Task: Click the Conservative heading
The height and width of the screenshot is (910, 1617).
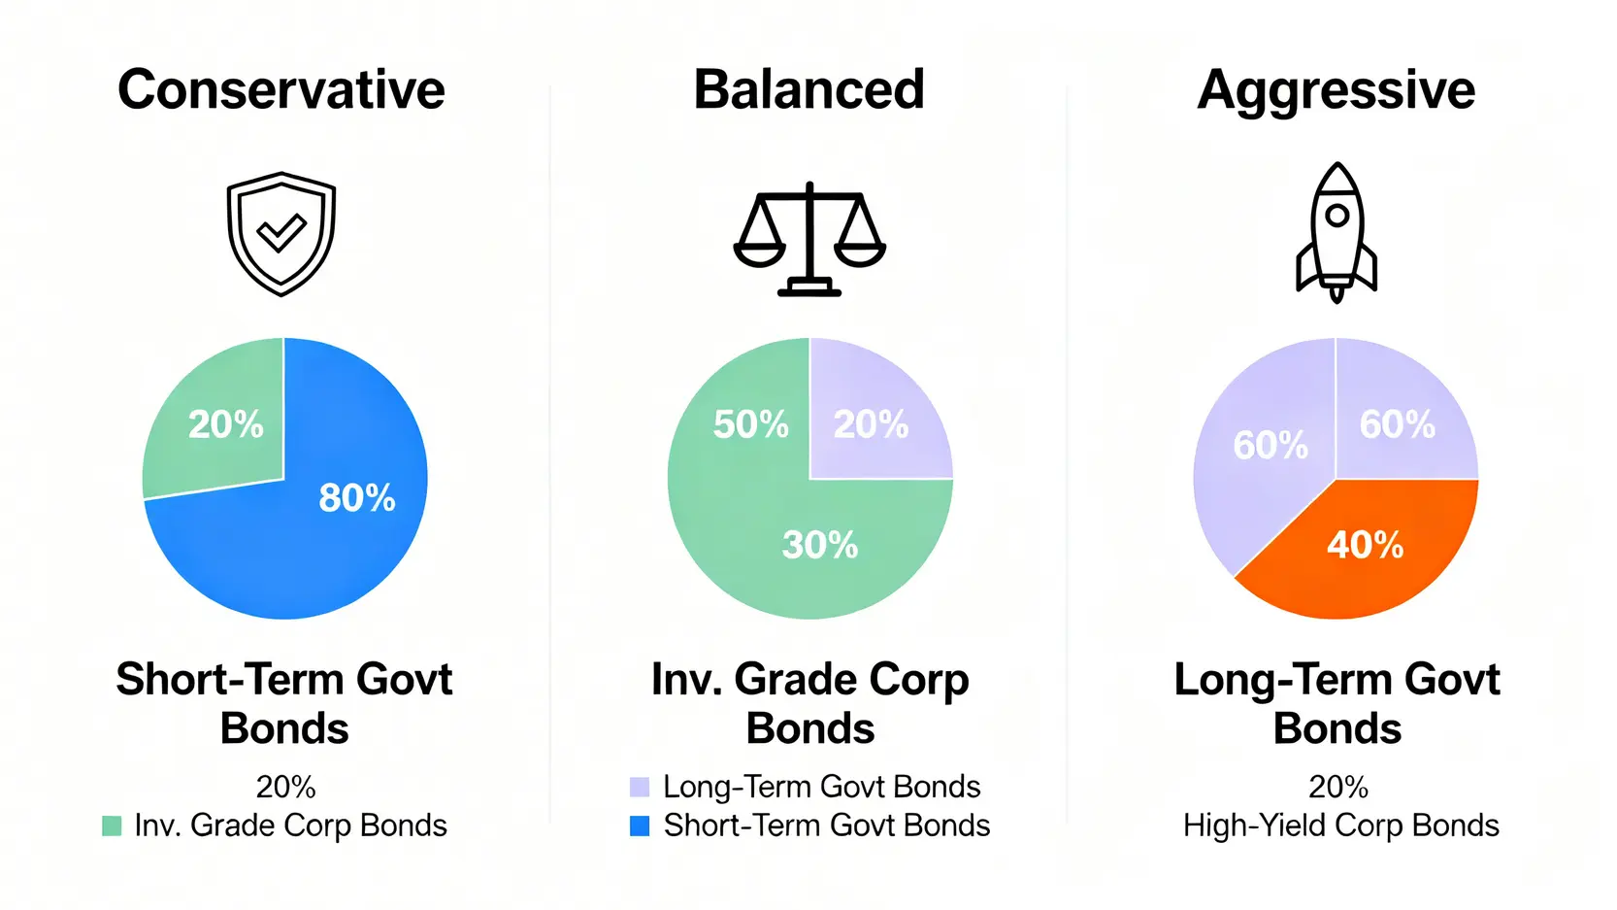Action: [x=281, y=89]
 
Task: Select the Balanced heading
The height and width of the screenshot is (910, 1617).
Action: [x=809, y=89]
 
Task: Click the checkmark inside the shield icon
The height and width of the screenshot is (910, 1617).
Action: [x=281, y=232]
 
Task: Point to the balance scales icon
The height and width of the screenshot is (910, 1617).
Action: [x=809, y=239]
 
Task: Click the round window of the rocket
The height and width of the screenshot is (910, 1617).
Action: [x=1336, y=216]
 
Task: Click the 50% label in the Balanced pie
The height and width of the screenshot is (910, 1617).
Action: [x=751, y=424]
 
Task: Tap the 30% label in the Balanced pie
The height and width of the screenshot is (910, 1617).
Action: [x=820, y=545]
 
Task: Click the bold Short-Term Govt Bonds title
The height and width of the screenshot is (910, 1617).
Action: [x=284, y=703]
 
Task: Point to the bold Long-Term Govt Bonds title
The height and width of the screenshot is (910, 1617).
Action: [x=1336, y=703]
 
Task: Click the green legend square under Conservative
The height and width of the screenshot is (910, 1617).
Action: [x=112, y=826]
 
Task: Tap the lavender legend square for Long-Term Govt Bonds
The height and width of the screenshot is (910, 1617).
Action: [x=640, y=787]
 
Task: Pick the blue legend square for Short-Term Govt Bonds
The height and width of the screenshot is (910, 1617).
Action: [x=640, y=826]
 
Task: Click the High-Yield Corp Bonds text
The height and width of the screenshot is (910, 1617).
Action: [x=1340, y=826]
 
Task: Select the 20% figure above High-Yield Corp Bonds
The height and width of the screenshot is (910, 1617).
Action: [x=1338, y=787]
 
